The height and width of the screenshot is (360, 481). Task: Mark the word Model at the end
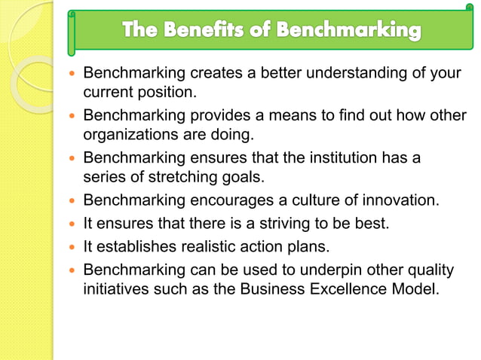tap(418, 288)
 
